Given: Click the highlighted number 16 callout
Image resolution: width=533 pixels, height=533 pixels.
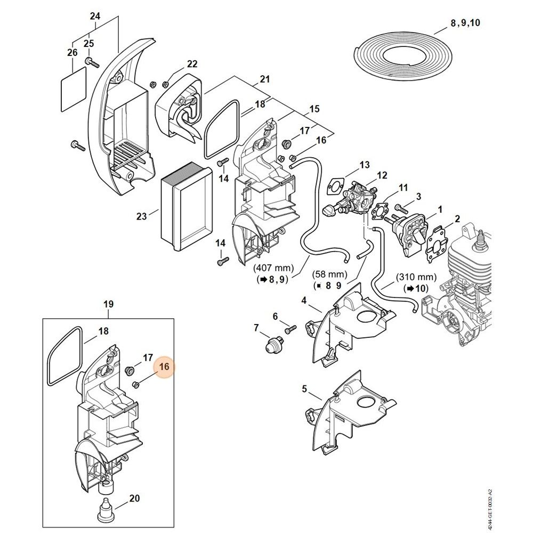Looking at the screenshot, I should [x=164, y=367].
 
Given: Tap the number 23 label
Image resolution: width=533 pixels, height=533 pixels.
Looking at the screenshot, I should [x=141, y=216].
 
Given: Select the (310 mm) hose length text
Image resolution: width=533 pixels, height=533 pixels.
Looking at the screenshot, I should [x=416, y=278].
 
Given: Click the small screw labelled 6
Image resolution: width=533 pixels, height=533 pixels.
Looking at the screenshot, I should [x=290, y=330].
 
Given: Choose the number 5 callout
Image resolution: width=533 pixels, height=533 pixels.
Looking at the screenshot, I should [x=304, y=389].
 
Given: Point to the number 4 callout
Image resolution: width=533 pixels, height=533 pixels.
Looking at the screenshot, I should [x=304, y=301].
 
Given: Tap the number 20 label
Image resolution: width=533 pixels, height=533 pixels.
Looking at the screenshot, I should [x=134, y=499].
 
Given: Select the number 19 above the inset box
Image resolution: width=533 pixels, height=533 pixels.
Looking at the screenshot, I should [x=108, y=304].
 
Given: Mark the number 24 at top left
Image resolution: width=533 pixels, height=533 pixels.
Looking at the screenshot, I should [x=95, y=16].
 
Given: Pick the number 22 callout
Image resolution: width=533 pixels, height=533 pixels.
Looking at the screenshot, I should [x=192, y=64].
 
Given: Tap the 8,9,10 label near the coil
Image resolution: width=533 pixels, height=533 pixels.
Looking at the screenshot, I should [x=465, y=22].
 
